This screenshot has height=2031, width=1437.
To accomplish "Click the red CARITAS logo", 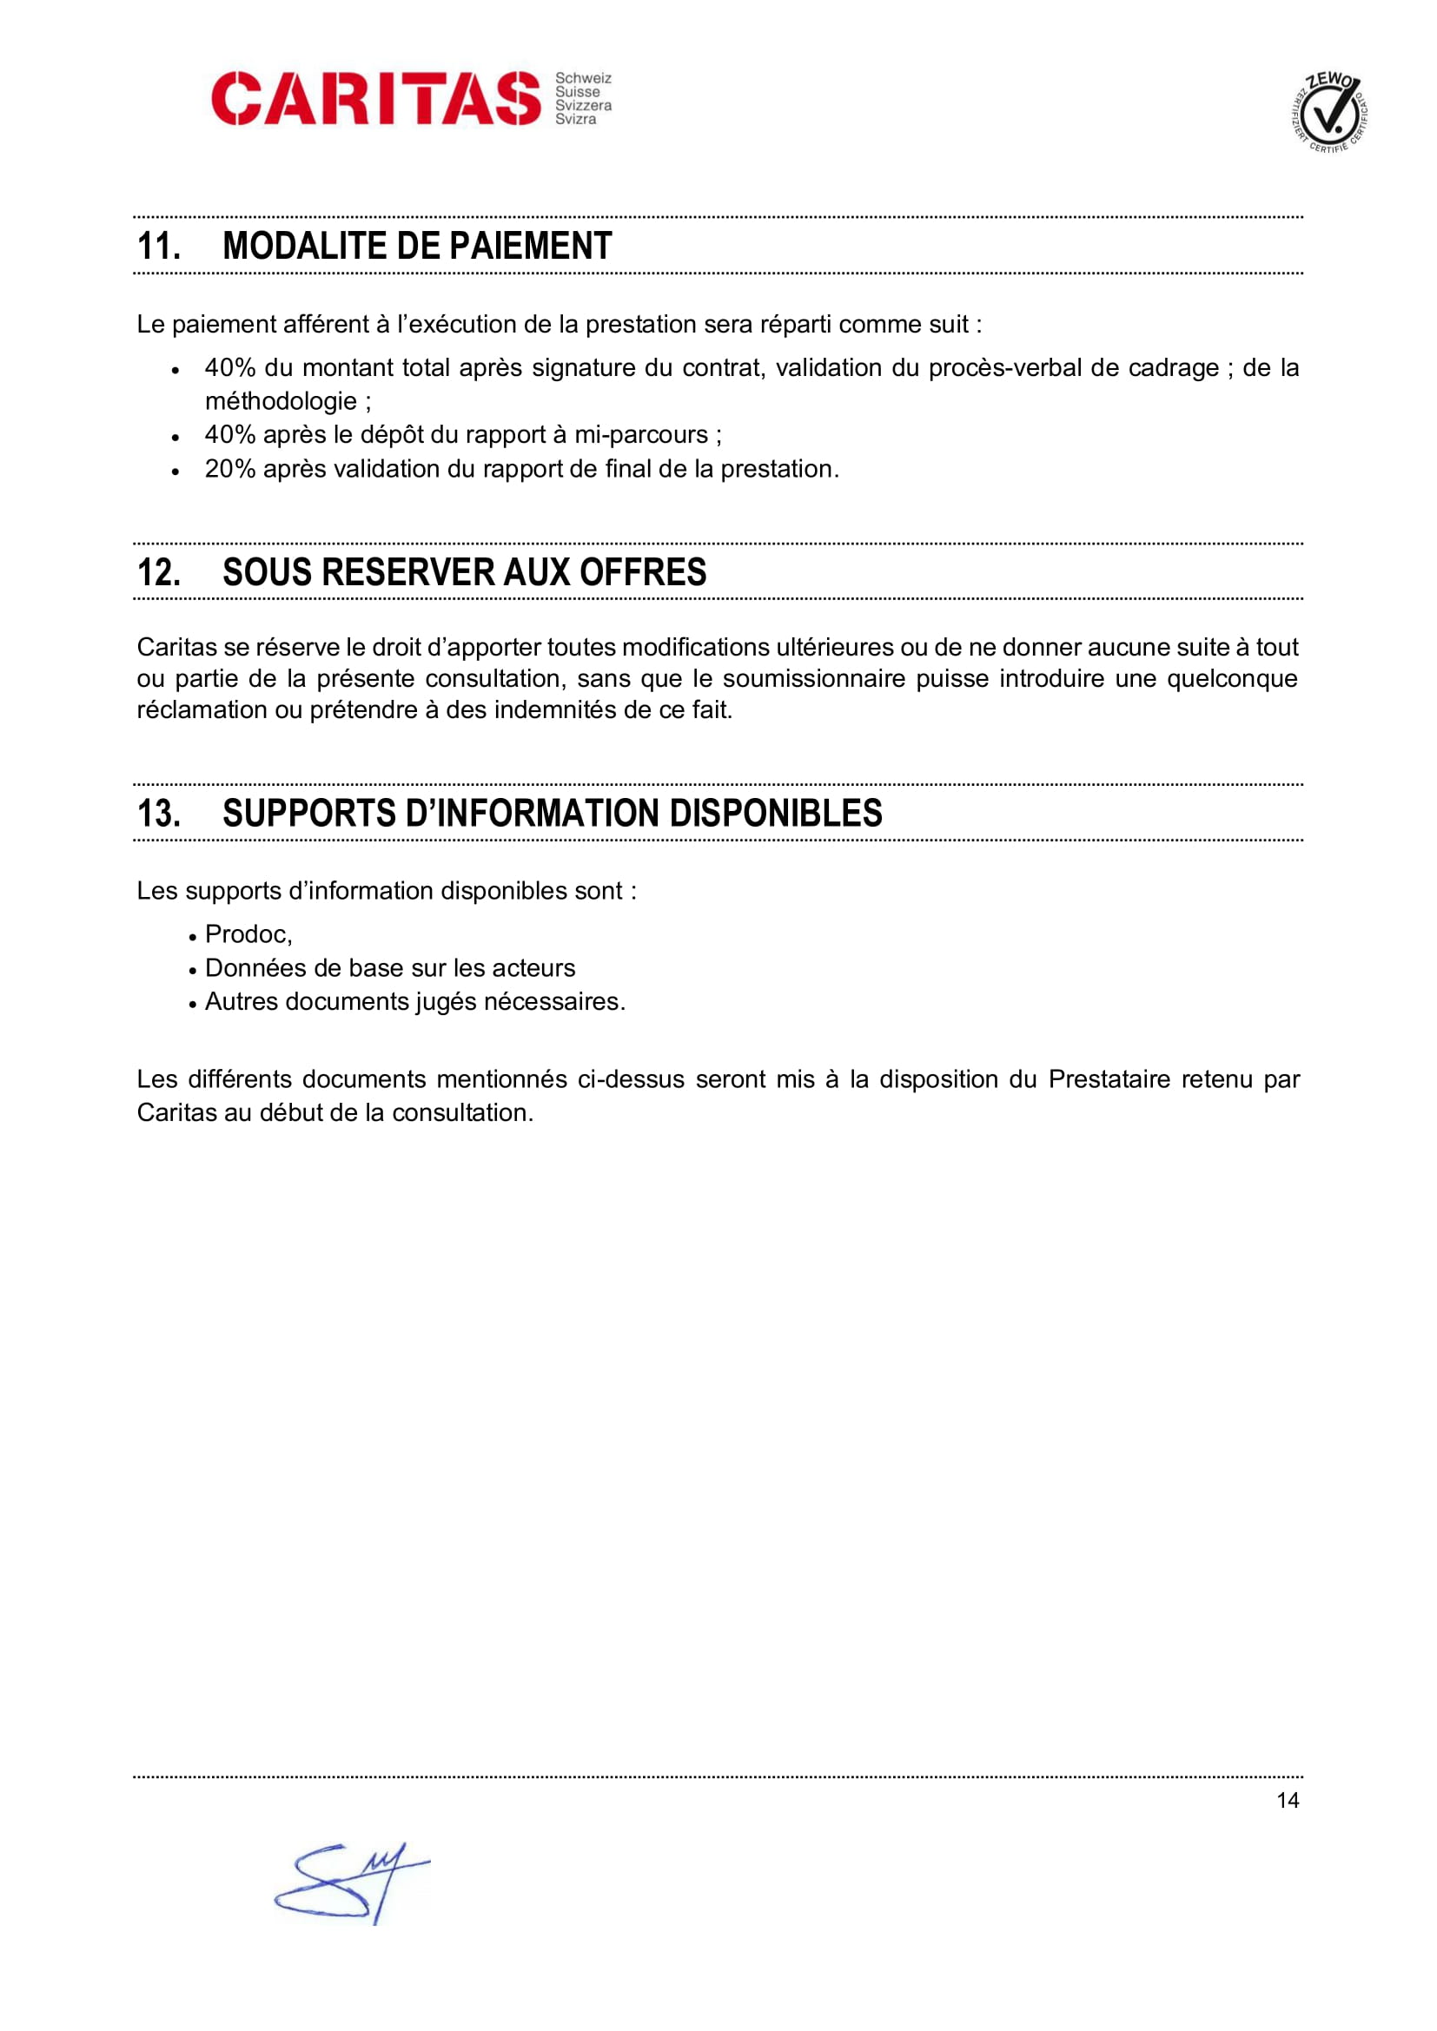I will pyautogui.click(x=375, y=98).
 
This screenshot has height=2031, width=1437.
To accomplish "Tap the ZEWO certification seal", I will pyautogui.click(x=1329, y=112).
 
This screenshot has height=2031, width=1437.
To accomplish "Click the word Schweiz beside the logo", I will pyautogui.click(x=583, y=79).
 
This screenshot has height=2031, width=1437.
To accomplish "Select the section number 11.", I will pyautogui.click(x=158, y=246).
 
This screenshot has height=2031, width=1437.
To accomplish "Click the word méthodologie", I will pyautogui.click(x=281, y=402).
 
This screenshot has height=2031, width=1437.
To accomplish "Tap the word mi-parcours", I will pyautogui.click(x=641, y=435).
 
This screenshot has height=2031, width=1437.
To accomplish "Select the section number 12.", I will pyautogui.click(x=158, y=572).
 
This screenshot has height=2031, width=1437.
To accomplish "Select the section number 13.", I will pyautogui.click(x=158, y=813).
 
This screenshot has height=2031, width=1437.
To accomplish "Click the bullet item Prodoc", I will pyautogui.click(x=247, y=934).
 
